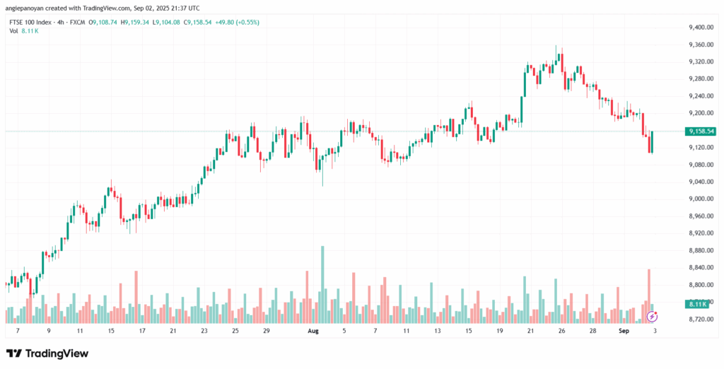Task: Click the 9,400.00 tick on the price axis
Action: point(699,28)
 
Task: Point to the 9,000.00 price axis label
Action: point(699,199)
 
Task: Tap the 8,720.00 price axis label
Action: point(699,319)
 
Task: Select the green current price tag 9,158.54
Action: point(700,131)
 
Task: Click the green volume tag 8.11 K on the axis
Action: point(697,304)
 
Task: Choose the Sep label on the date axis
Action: point(624,330)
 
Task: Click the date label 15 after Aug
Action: point(469,330)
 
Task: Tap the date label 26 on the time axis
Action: point(561,330)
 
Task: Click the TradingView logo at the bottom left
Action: point(47,353)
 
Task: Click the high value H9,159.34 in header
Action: point(135,22)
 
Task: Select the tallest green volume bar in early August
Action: point(322,283)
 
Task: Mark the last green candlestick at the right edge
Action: point(652,142)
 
